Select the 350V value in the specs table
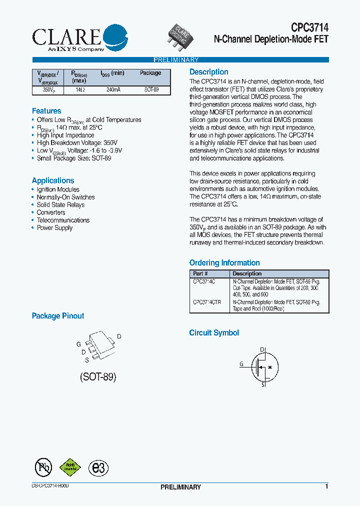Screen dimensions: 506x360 pos(41,90)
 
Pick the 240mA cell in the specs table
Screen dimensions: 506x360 pos(113,90)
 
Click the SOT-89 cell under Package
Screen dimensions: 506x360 pos(151,90)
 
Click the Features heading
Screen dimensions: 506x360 pos(46,111)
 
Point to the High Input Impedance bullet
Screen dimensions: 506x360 pos(65,135)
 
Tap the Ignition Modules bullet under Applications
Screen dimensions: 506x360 pos(58,189)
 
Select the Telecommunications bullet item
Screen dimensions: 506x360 pos(63,220)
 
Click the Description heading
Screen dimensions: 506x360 pos(208,72)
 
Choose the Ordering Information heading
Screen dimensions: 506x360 pos(224,263)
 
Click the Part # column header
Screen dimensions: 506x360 pos(200,273)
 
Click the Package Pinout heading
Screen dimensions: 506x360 pos(58,316)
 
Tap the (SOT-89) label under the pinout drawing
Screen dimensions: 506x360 pos(98,377)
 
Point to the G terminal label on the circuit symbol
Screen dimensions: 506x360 pos(241,364)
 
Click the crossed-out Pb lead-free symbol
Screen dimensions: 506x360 pos(43,467)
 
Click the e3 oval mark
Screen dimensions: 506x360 pos(98,467)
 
